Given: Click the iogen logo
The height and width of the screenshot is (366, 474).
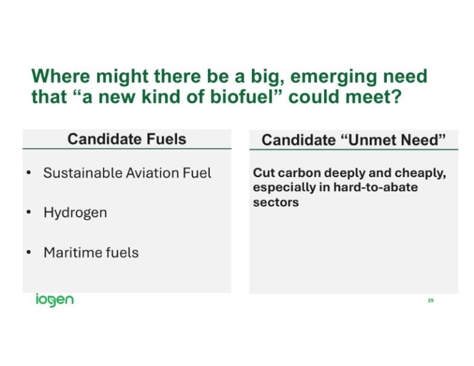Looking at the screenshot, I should pos(54,301).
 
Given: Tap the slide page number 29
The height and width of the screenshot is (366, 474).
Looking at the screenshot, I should pos(430,301).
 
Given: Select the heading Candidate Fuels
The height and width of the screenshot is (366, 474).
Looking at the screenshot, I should pos(127,139).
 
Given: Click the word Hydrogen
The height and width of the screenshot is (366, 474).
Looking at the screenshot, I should pos(75,213).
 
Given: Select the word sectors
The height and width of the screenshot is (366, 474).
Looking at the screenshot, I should pos(276,202).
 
